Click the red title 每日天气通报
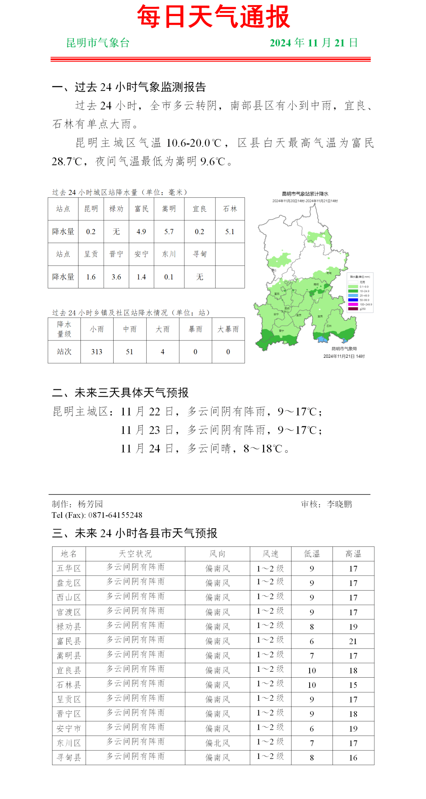point(213,17)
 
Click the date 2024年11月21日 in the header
point(314,43)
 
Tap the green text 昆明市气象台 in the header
point(98,43)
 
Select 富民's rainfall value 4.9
point(141,232)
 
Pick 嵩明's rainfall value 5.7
point(169,232)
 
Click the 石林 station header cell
point(230,209)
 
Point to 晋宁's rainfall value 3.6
point(116,277)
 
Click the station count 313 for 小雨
point(97,352)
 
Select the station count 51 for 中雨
point(129,352)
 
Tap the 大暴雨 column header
point(228,329)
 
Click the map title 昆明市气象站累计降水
point(305,194)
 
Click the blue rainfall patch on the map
point(323,339)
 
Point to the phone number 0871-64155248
point(115,515)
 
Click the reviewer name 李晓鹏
point(339,504)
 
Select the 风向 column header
point(217,554)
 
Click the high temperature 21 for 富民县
point(353,641)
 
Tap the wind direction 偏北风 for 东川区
point(217,743)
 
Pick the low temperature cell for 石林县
point(312,685)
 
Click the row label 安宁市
point(69,728)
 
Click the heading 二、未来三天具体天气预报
point(120,393)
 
